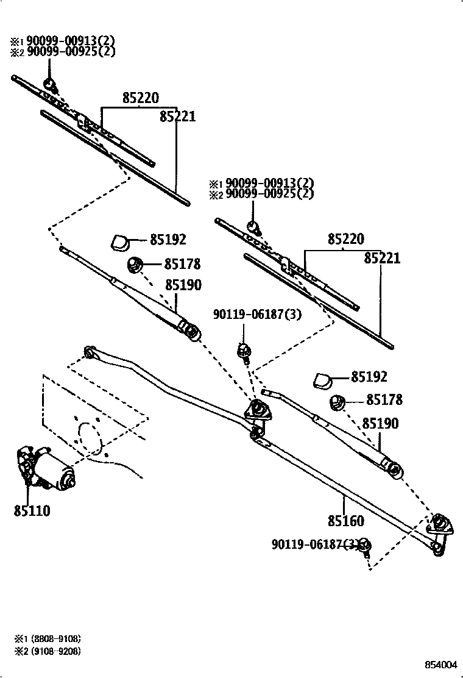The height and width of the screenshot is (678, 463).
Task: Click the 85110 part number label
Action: tap(32, 510)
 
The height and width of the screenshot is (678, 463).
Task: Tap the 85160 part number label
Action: tap(345, 521)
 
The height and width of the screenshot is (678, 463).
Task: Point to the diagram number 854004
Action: tap(440, 664)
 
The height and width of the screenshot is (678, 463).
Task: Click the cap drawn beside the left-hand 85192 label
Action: tap(120, 242)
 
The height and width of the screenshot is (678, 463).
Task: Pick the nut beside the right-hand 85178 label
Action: tap(338, 402)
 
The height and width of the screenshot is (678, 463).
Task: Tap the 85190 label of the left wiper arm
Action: tap(183, 285)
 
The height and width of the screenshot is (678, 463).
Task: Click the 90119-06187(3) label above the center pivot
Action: tap(256, 314)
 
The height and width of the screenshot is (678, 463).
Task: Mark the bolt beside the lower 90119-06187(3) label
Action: tap(364, 546)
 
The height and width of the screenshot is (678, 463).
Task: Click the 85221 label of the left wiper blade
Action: tap(177, 116)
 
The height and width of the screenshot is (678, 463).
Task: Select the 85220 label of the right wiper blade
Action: tap(345, 239)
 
